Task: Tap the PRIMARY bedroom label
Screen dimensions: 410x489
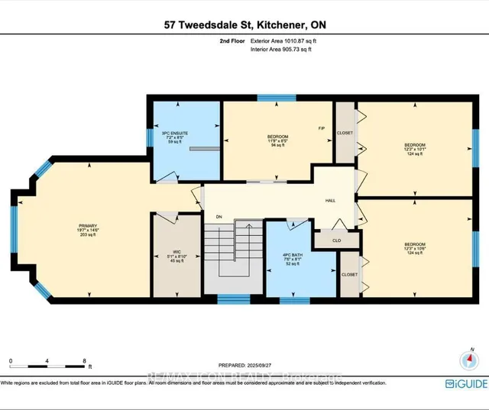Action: coord(83,226)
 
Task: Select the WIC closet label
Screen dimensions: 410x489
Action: coord(176,251)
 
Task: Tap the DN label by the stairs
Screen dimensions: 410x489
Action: coord(219,216)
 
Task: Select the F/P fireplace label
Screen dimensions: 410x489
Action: coord(322,129)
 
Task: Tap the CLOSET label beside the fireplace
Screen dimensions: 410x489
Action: coord(345,132)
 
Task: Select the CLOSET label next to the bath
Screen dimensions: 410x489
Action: coord(349,273)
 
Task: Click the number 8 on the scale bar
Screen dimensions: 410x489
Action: coord(86,360)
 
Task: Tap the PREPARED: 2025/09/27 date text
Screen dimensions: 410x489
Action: coord(261,365)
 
